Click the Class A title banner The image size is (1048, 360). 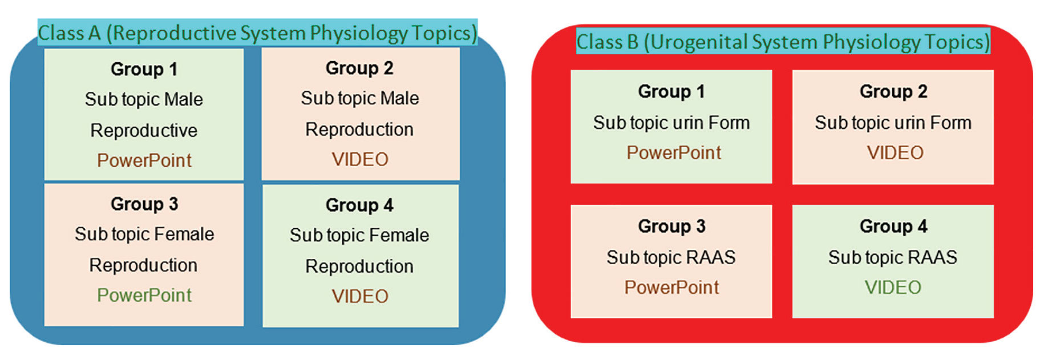(x=257, y=33)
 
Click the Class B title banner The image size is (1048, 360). (x=783, y=41)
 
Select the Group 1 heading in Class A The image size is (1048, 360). (x=144, y=70)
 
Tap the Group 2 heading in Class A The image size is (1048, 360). (x=359, y=68)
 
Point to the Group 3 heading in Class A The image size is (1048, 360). (x=144, y=204)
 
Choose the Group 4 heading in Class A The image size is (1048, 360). (x=359, y=205)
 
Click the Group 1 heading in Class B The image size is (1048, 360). (x=671, y=92)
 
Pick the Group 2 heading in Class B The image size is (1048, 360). (x=893, y=92)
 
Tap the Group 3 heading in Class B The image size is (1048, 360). (x=671, y=226)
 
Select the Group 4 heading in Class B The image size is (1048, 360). (x=893, y=226)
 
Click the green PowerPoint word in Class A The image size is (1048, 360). (x=144, y=296)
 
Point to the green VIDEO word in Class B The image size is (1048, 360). (x=893, y=288)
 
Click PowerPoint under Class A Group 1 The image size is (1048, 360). (x=144, y=161)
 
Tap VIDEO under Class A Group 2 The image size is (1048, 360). (x=360, y=160)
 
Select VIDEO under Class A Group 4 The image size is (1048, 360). (x=360, y=297)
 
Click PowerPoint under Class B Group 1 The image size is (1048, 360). (x=674, y=153)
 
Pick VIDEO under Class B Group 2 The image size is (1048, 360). (x=895, y=153)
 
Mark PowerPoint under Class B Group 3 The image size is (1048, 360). (x=671, y=288)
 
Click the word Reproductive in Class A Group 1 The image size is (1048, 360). (x=144, y=131)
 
